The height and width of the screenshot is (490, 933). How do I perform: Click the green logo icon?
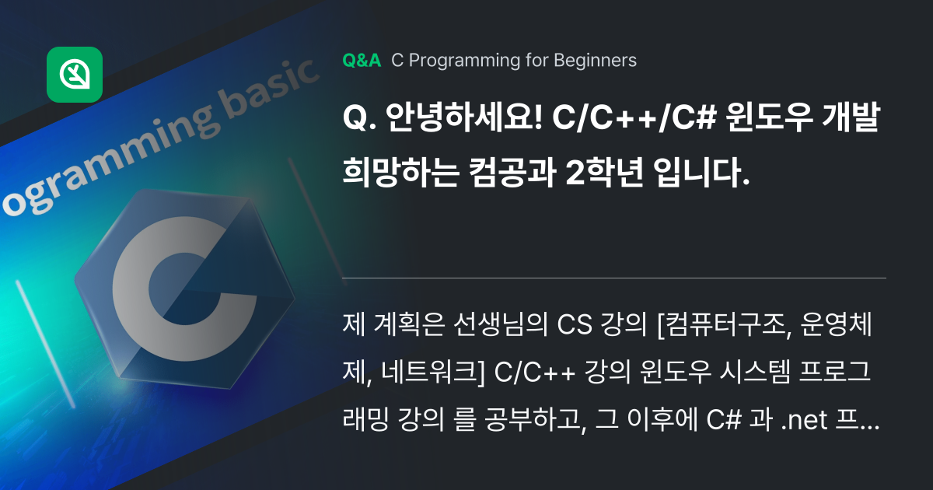75,75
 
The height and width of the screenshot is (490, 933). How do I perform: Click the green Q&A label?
362,61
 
